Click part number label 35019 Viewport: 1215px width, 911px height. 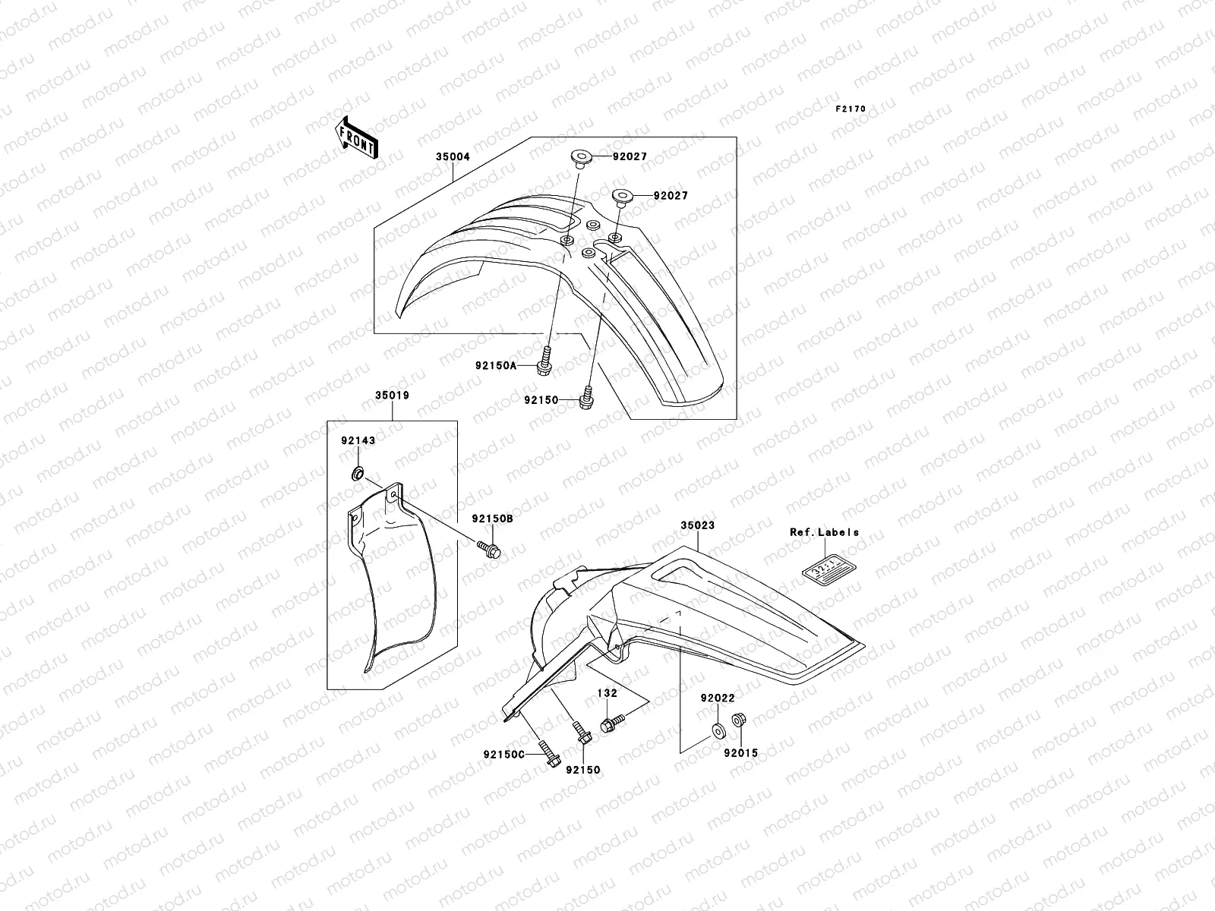392,396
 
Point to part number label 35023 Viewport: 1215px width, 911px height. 697,525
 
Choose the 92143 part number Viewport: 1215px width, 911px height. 358,440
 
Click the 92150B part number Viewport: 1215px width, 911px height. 492,519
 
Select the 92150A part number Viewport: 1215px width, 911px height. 496,365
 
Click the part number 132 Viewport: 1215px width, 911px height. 607,693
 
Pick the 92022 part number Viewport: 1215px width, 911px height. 718,697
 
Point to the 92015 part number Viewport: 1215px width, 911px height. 740,753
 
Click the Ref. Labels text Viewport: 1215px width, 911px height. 824,532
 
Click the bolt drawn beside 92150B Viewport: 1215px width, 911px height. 486,546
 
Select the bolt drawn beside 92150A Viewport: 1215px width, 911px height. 545,360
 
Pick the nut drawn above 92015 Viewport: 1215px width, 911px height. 737,720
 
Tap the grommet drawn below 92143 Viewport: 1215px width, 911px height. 356,475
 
